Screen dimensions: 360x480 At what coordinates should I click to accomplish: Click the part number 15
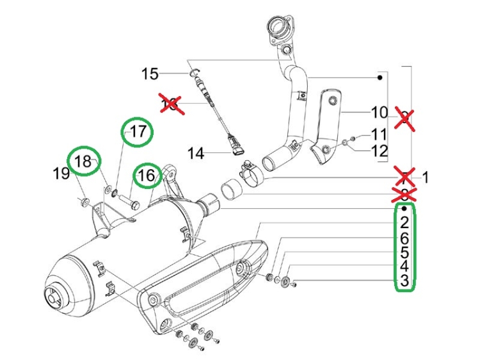(x=150, y=74)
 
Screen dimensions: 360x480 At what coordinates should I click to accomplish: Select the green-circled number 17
(x=139, y=133)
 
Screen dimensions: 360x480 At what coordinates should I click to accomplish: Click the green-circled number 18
(x=84, y=161)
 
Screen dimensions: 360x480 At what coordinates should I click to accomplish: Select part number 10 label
(x=380, y=113)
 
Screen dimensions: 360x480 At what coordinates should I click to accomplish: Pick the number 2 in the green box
(x=404, y=223)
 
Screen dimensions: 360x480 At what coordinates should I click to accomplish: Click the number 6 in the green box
(x=404, y=238)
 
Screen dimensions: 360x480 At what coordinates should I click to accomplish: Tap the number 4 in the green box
(x=404, y=266)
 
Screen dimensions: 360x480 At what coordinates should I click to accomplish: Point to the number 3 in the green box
(x=404, y=281)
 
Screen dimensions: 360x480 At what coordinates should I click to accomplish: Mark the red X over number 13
(x=171, y=104)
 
